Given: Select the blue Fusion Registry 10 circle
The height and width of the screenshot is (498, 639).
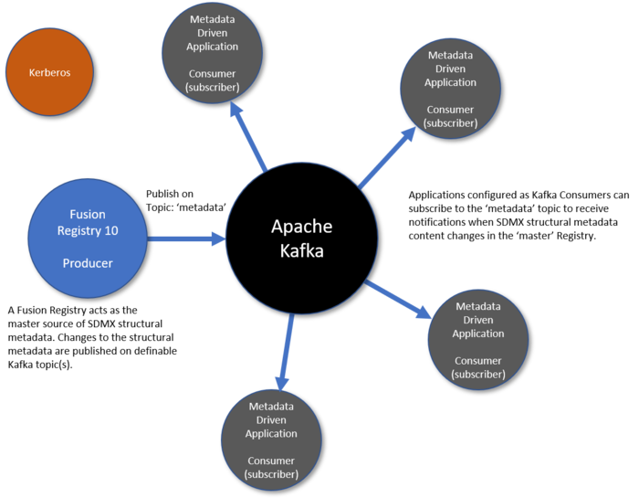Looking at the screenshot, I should point(88,238).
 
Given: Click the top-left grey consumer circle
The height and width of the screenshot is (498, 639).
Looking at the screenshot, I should point(213,52).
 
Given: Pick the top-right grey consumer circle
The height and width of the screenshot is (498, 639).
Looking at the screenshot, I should point(450,89).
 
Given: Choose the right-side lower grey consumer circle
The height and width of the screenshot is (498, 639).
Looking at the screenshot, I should point(477,339).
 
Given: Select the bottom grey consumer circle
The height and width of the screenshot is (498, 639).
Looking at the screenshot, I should point(271,440).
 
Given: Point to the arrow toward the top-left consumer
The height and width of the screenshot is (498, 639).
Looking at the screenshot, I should point(248,137).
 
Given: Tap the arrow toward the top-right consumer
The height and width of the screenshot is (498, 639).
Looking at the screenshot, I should point(388,156).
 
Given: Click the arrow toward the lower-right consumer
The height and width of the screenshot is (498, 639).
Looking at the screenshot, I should point(399,300).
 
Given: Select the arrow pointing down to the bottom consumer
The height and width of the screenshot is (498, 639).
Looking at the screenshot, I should point(286,352).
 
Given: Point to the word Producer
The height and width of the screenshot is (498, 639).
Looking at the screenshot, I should point(88,263).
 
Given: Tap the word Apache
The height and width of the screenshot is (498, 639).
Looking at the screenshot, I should point(301,227).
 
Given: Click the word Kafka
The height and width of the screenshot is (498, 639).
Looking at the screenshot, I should point(301,250).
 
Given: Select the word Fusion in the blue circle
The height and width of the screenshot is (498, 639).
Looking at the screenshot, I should point(88,215).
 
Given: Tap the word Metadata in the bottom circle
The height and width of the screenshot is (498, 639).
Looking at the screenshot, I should point(271,406).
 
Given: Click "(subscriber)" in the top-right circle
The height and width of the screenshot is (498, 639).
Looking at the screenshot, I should point(450,122).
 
